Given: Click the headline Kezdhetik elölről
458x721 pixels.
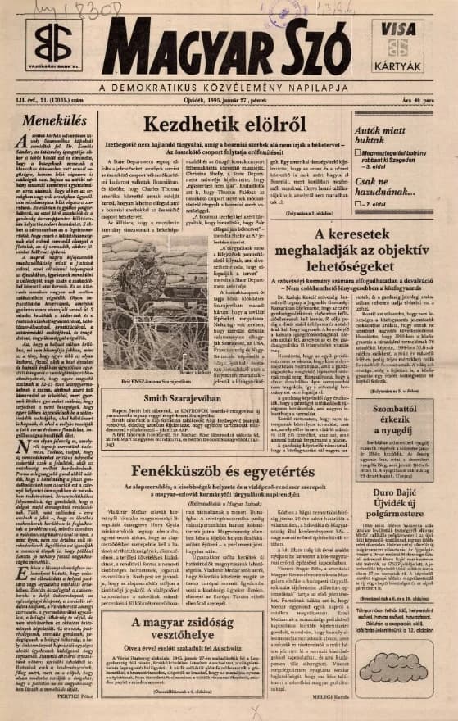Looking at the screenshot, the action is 224,125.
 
